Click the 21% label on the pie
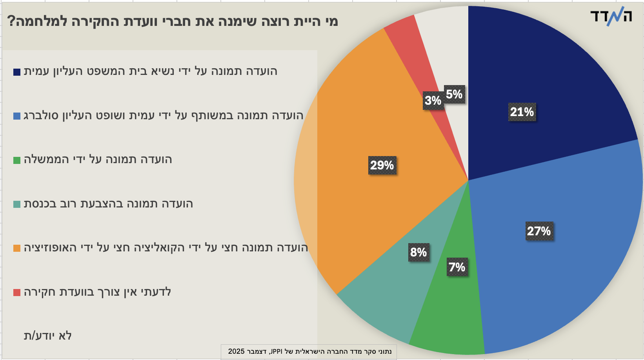[x=522, y=112]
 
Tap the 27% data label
[x=539, y=231]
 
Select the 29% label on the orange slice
[x=382, y=165]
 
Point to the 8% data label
[x=418, y=252]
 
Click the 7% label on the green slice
[x=457, y=267]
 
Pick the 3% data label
[x=433, y=101]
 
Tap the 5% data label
[x=454, y=95]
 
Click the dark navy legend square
[x=17, y=72]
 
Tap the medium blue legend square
[x=17, y=116]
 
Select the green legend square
[x=17, y=160]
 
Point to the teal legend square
[x=17, y=204]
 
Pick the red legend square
[x=17, y=293]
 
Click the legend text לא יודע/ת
[x=47, y=336]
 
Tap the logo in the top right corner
[x=611, y=16]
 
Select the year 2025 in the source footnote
[x=236, y=351]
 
